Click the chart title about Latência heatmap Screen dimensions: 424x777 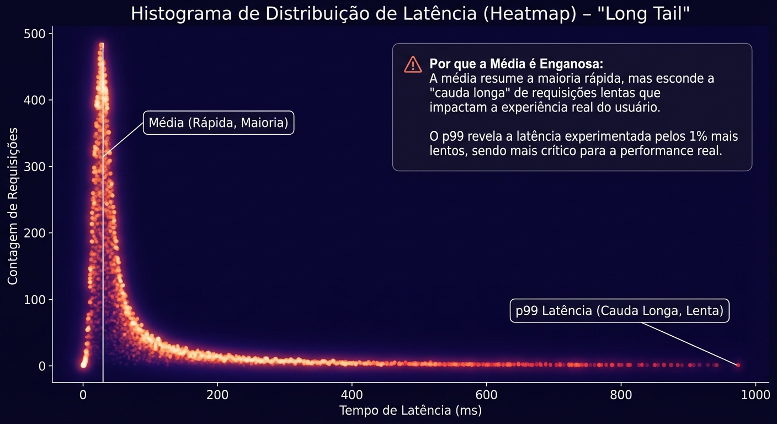click(x=410, y=14)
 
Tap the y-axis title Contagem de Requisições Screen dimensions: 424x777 click(x=13, y=206)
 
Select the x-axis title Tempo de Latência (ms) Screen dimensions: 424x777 click(x=410, y=411)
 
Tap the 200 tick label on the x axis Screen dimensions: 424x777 click(x=217, y=395)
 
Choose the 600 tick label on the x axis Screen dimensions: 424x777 click(x=486, y=395)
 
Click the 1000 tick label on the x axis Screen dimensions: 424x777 click(x=755, y=395)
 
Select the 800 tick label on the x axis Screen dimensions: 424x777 click(x=621, y=395)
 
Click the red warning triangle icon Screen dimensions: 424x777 click(x=413, y=65)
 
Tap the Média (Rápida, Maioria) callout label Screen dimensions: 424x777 click(x=219, y=123)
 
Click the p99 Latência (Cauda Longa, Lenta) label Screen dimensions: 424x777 click(x=619, y=311)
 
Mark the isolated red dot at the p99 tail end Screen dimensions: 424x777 click(x=738, y=365)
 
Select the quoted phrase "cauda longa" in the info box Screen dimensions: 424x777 click(x=470, y=93)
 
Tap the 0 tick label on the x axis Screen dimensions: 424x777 click(x=83, y=395)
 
